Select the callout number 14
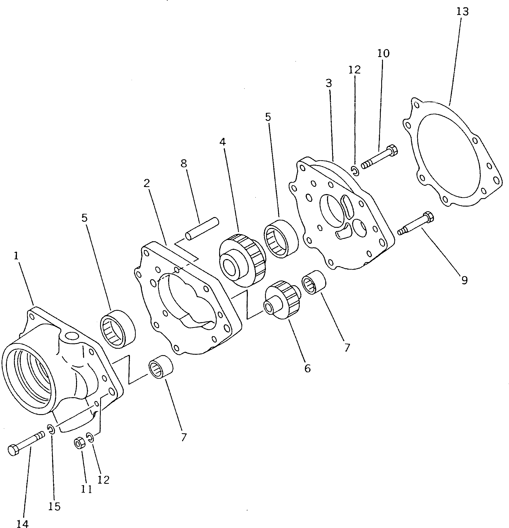tap(22, 524)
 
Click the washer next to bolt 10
tap(355, 170)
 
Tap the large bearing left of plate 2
tap(118, 329)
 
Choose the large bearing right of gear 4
tap(281, 239)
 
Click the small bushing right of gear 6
tap(314, 283)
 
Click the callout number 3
tap(328, 83)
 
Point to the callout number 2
tap(146, 183)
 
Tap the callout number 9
tap(464, 281)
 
